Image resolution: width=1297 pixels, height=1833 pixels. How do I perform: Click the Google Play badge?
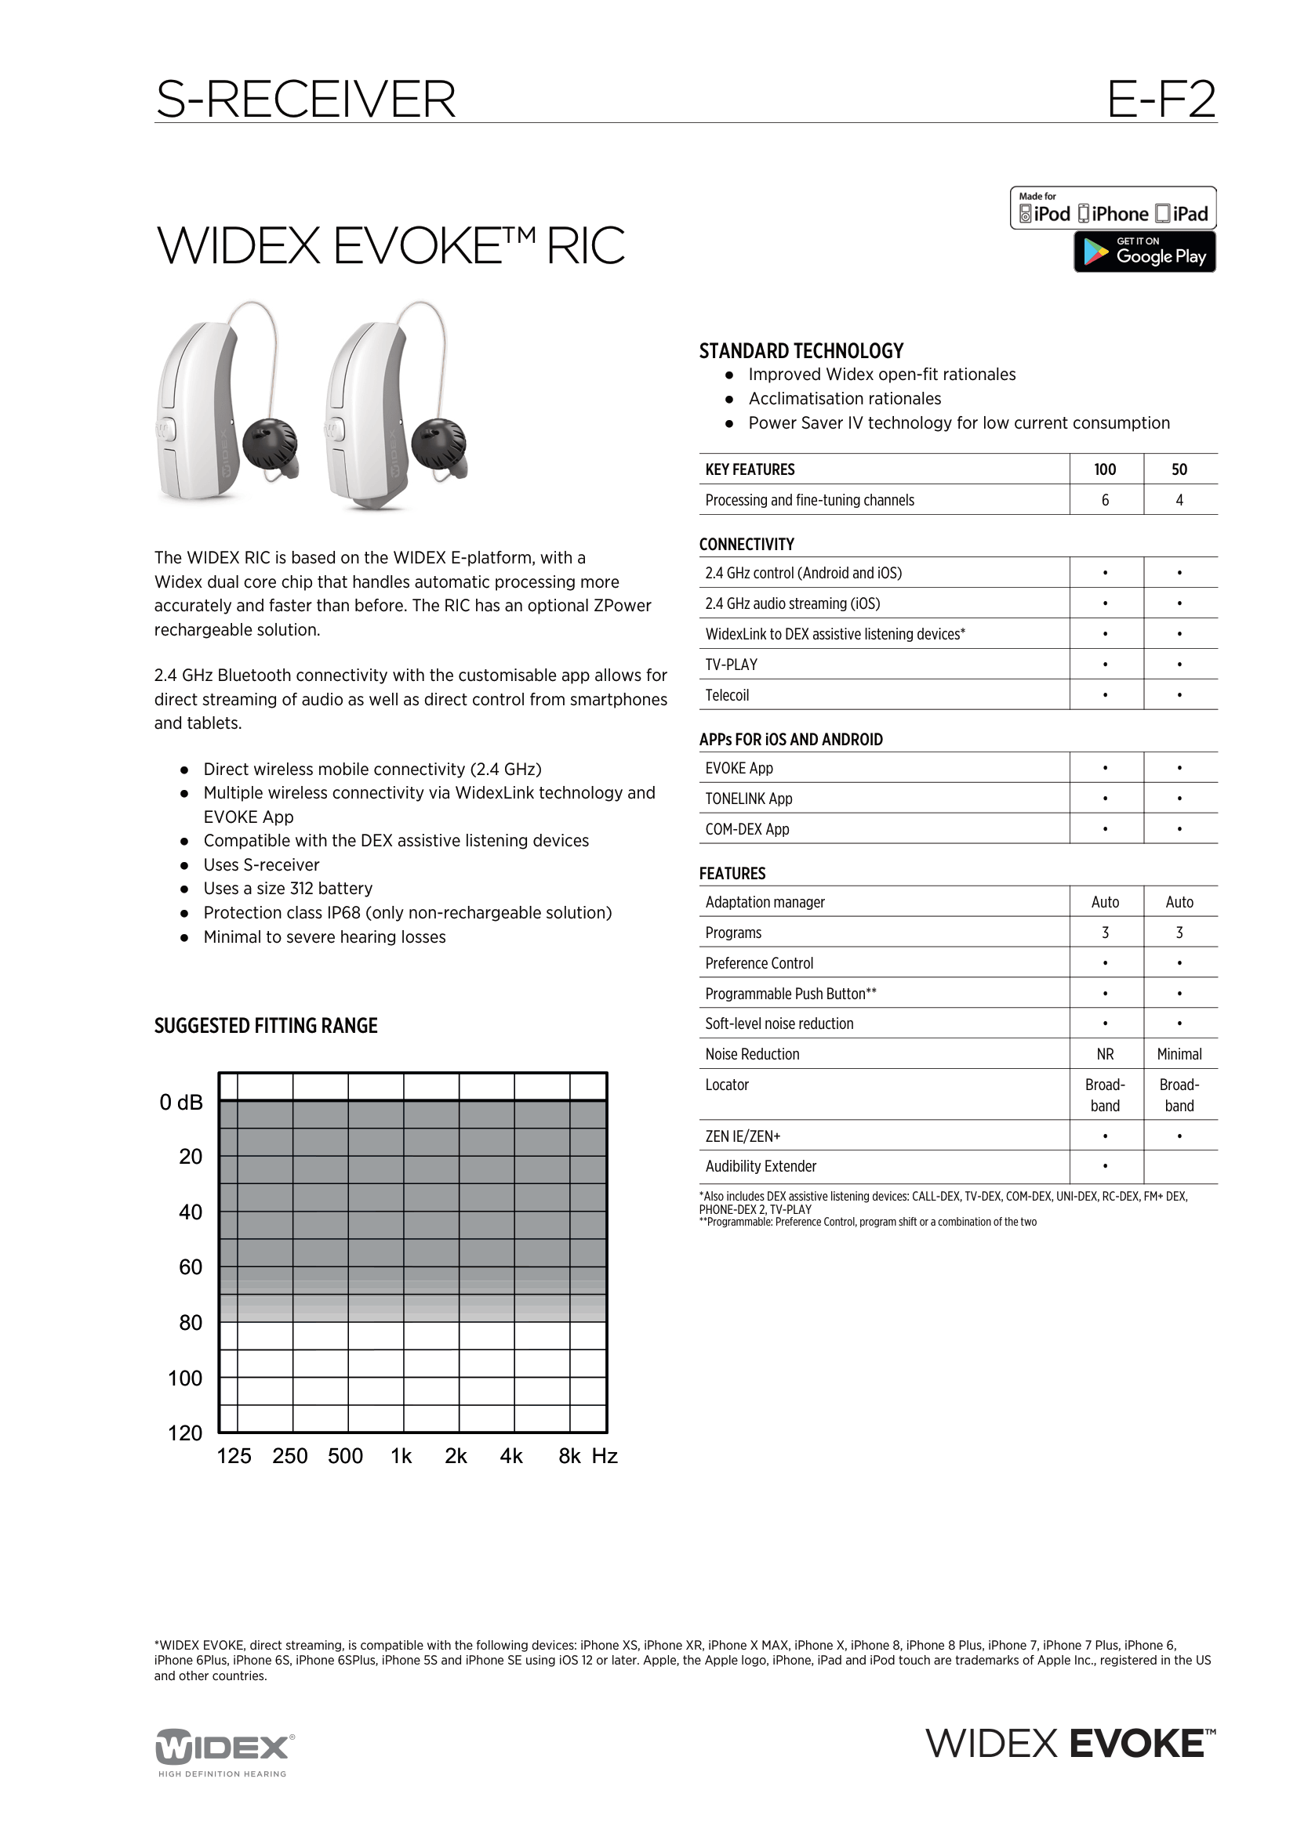[1143, 252]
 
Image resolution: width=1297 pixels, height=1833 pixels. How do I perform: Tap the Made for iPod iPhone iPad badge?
[1113, 208]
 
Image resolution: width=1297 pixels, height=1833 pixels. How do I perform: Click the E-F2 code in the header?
[1161, 100]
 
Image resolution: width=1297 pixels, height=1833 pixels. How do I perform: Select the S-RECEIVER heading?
[306, 100]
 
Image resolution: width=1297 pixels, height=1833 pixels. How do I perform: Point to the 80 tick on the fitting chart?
[190, 1323]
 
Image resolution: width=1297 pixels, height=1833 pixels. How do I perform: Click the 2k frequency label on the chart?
[456, 1456]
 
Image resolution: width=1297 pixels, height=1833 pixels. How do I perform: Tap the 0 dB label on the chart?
[181, 1103]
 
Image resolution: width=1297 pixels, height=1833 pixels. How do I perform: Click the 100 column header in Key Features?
[1105, 469]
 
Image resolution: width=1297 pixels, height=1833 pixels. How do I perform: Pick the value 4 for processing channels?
[1179, 500]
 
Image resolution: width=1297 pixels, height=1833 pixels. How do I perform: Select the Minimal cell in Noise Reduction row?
[1179, 1054]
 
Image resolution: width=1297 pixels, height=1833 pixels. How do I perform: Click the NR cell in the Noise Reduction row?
[1105, 1054]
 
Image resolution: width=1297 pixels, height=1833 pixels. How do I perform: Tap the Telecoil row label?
[727, 694]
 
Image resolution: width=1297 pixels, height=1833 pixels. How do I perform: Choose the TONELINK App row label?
[748, 799]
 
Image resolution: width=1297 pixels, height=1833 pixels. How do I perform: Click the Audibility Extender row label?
[761, 1166]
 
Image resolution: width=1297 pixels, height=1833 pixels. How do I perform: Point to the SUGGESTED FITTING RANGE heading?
[265, 1026]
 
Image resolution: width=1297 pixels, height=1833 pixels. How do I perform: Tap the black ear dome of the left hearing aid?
[270, 444]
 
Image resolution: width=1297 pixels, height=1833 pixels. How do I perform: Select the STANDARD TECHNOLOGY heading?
[801, 350]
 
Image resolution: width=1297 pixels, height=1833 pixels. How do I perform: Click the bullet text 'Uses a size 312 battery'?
[288, 889]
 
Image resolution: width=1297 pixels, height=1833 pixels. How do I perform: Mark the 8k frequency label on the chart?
[569, 1456]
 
